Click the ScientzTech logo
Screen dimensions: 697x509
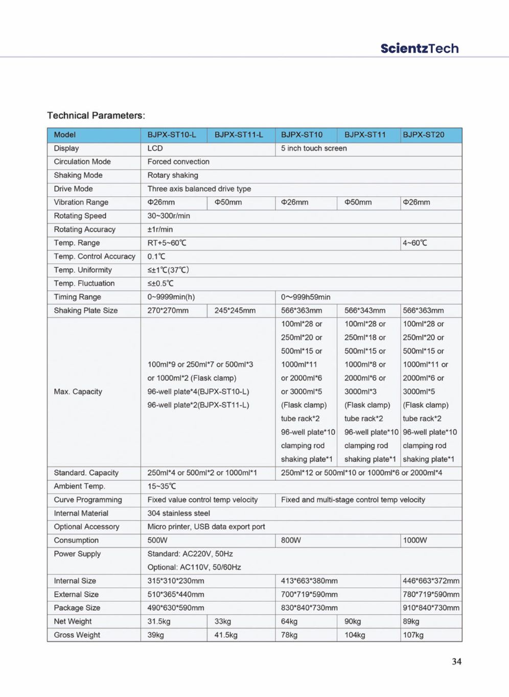tap(419, 49)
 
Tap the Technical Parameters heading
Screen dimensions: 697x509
tap(96, 115)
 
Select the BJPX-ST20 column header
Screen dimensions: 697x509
tap(424, 135)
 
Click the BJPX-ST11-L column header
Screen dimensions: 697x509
tap(239, 135)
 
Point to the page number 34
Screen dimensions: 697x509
tap(456, 661)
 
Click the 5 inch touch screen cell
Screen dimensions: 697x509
tap(314, 148)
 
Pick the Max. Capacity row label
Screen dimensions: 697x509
tap(78, 391)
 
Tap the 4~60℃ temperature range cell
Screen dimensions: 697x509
tap(415, 243)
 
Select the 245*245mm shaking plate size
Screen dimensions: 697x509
tap(235, 310)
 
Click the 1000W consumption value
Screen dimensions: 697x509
tap(415, 540)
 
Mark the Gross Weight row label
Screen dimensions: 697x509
tap(77, 635)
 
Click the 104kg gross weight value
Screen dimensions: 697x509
tap(355, 635)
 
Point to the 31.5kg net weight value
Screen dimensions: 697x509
tap(159, 621)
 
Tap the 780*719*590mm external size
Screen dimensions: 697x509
tap(431, 594)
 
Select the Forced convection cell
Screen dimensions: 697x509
tap(178, 161)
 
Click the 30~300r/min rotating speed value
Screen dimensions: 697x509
tap(169, 216)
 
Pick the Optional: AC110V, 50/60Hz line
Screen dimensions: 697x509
tap(194, 567)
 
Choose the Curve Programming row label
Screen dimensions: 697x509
tap(88, 500)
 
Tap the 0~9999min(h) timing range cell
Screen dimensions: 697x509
tap(171, 297)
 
